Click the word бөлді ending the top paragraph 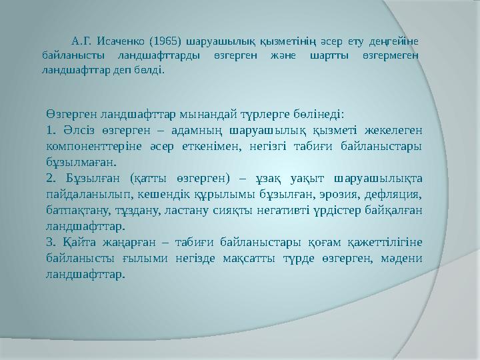[149, 69]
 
